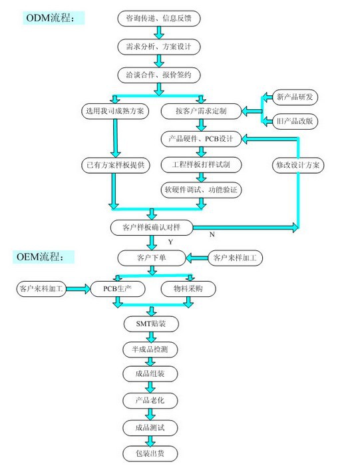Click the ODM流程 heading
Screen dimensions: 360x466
[x=53, y=18]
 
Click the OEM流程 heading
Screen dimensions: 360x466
[x=43, y=256]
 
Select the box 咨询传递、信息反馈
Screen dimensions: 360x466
[x=159, y=19]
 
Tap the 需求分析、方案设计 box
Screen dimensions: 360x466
[x=159, y=47]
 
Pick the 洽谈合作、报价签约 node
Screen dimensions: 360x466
[x=159, y=75]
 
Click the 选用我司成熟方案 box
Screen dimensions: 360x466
[x=115, y=111]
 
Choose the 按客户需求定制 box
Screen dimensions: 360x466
[x=201, y=111]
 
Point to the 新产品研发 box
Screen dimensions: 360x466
[x=295, y=97]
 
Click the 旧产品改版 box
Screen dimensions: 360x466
[x=295, y=121]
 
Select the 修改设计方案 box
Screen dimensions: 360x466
[x=298, y=165]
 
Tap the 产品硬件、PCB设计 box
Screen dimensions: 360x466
[x=201, y=138]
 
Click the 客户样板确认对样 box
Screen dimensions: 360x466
[x=152, y=228]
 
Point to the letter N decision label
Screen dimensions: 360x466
[x=212, y=234]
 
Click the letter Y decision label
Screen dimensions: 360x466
[x=170, y=242]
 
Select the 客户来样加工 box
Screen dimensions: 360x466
[x=235, y=258]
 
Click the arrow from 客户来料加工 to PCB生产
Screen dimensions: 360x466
[x=78, y=288]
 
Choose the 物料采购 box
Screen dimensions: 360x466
[x=188, y=288]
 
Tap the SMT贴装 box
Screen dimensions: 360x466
[x=151, y=324]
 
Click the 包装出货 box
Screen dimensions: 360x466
[x=150, y=453]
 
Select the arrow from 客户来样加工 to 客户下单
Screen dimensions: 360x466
[x=197, y=258]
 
